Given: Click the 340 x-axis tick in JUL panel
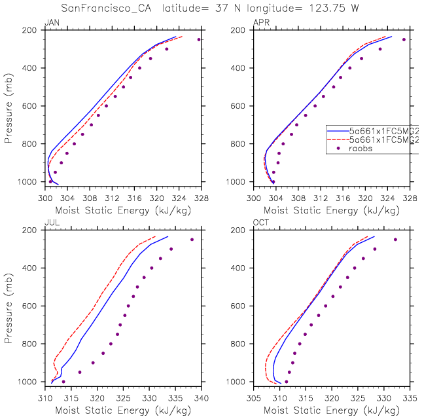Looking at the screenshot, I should tap(201, 397).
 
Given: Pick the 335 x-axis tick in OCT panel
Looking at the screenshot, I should tap(410, 397).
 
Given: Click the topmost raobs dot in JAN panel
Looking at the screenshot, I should tap(199, 39).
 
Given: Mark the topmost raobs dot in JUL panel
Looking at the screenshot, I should tap(192, 240).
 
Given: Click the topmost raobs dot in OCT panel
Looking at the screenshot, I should tap(395, 240).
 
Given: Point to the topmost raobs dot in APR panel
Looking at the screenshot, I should tap(404, 39).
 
